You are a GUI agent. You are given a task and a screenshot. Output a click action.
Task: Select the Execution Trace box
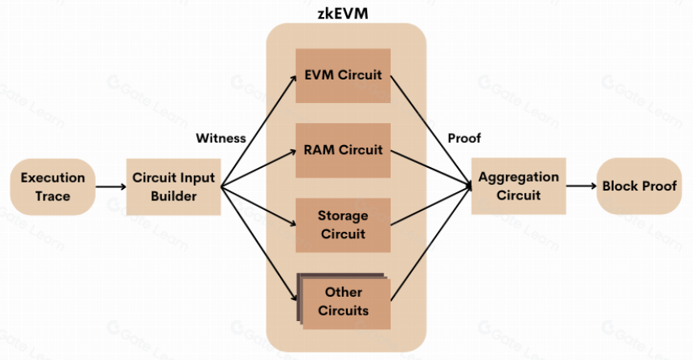click(x=53, y=186)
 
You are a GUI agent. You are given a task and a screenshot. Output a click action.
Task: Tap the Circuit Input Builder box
click(x=173, y=186)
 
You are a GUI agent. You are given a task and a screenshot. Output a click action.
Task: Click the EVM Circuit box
click(x=343, y=76)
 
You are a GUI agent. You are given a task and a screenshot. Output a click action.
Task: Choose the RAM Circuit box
click(x=343, y=150)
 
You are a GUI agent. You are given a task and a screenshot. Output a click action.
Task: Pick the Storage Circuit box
click(x=343, y=225)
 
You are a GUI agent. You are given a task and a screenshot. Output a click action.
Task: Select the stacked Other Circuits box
click(x=343, y=301)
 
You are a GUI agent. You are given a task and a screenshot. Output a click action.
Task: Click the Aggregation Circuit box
click(x=519, y=186)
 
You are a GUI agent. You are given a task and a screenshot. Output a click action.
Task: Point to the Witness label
click(x=220, y=138)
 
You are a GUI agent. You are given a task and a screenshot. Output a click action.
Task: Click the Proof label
click(x=464, y=138)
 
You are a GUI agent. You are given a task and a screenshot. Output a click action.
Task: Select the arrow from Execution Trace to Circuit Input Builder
click(x=111, y=187)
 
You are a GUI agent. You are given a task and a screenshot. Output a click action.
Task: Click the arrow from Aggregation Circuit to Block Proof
click(x=580, y=186)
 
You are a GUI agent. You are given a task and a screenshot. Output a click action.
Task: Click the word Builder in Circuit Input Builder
click(x=173, y=195)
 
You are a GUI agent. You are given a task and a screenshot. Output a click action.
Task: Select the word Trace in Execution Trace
click(x=53, y=195)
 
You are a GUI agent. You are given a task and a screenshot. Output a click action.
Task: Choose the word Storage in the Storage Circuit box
click(x=343, y=216)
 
